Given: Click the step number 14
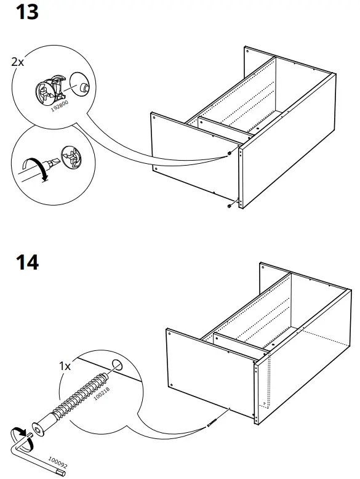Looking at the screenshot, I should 26,262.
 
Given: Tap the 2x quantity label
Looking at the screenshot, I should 18,62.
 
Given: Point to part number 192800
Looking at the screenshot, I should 59,107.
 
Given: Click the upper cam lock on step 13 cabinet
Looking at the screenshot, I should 230,153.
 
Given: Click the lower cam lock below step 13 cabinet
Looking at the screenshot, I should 230,205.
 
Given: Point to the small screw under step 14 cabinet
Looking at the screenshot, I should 213,422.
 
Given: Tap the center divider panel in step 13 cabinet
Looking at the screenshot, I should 225,126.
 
